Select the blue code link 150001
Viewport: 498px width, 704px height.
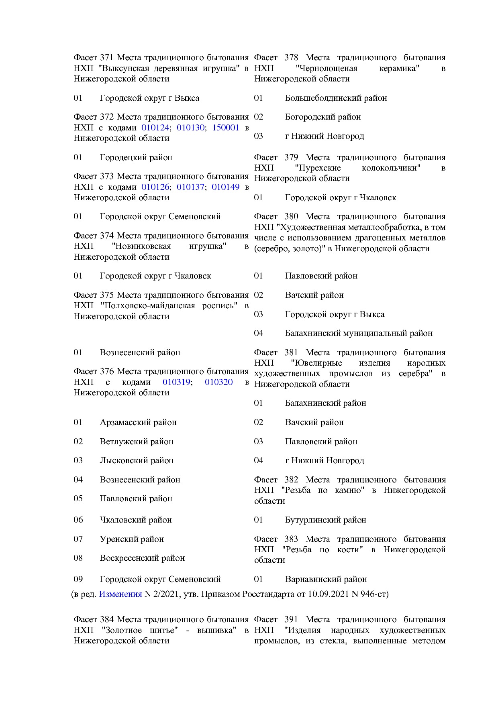pos(225,128)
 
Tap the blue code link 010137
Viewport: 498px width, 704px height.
pos(190,187)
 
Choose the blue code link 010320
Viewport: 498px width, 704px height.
pos(218,382)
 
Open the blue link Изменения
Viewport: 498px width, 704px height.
pos(120,594)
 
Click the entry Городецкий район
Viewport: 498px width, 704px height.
pos(136,157)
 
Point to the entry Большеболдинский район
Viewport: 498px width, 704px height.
pos(336,98)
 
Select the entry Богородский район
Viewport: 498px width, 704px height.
pos(322,117)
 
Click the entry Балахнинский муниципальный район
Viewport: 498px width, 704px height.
pos(358,333)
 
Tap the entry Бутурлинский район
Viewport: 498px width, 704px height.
pos(325,520)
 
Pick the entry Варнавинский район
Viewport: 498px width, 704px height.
pos(326,579)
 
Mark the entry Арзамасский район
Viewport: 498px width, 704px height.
pos(138,422)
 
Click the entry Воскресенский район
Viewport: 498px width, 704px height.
pos(142,558)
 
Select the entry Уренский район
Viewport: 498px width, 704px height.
pos(131,539)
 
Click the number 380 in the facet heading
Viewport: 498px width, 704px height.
pos(291,217)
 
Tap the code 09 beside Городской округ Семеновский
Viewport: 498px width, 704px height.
pos(78,579)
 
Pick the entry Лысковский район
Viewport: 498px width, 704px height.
pos(136,460)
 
